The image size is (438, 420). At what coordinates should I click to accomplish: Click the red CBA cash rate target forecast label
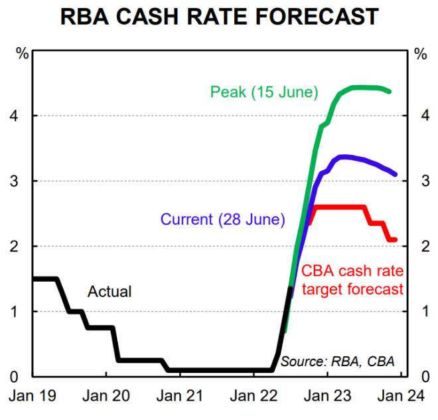(x=352, y=280)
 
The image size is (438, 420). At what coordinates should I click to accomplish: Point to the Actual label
(x=110, y=291)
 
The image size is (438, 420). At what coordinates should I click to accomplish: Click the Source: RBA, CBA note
(x=337, y=362)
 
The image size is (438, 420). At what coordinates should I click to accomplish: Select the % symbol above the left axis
(x=22, y=54)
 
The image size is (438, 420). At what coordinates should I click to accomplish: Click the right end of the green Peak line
(x=389, y=91)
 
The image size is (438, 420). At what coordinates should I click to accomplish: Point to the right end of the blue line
(x=396, y=174)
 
